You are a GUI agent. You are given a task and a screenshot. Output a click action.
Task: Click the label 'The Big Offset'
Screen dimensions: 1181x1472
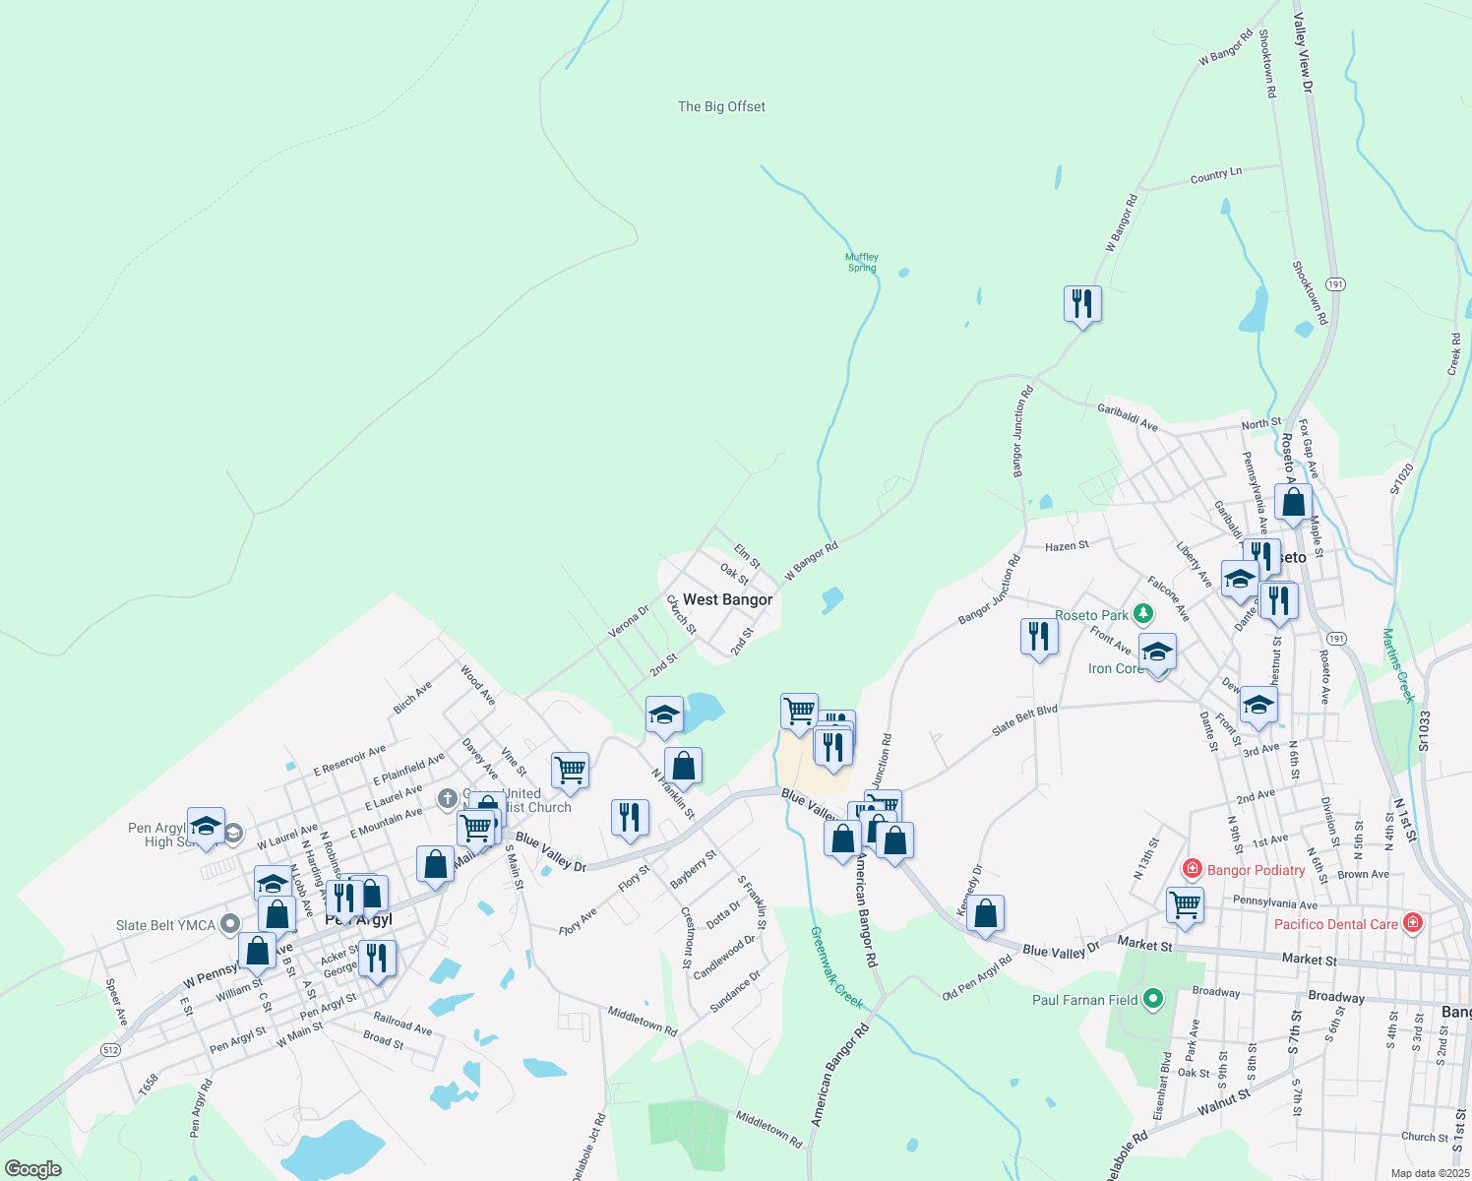pos(721,106)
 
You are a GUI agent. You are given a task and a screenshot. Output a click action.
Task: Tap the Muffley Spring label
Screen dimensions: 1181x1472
pos(861,262)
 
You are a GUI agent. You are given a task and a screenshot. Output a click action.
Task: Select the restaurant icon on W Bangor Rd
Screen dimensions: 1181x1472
pos(1082,304)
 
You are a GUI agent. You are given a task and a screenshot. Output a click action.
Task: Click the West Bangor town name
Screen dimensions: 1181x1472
pos(727,599)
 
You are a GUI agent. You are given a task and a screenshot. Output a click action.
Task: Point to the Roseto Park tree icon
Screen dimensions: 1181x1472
pos(1142,615)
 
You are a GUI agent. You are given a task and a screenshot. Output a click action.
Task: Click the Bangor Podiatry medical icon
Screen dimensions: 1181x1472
pos(1193,869)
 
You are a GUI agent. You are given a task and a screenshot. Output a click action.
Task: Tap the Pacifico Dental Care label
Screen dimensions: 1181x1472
pos(1335,924)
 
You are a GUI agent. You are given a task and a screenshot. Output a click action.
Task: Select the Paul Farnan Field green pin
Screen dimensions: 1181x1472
pos(1153,1000)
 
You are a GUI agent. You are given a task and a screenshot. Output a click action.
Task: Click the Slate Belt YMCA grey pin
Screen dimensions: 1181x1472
pos(230,924)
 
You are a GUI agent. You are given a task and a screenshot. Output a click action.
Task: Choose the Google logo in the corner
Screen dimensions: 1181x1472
pos(32,1169)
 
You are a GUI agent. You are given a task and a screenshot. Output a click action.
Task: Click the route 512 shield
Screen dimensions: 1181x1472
pos(110,1050)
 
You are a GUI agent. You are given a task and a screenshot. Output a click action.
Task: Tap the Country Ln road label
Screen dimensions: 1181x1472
pos(1215,175)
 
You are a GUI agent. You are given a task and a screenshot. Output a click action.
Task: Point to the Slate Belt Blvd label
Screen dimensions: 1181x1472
pos(1024,719)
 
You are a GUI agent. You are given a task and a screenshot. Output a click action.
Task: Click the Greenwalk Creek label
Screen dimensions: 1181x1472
pos(836,967)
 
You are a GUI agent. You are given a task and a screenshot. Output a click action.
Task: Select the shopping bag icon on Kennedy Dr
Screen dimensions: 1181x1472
pos(985,913)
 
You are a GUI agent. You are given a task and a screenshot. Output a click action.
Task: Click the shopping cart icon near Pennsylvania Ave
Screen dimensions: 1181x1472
pos(1185,904)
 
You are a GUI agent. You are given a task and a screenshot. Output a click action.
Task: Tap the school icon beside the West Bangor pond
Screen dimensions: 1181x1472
pos(664,715)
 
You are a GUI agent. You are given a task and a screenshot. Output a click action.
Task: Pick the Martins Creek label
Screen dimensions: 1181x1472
pos(1398,665)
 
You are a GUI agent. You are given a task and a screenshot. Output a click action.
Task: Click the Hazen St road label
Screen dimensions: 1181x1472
pos(1067,545)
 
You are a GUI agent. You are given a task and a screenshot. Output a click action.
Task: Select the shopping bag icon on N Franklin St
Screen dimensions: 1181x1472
pos(683,766)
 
